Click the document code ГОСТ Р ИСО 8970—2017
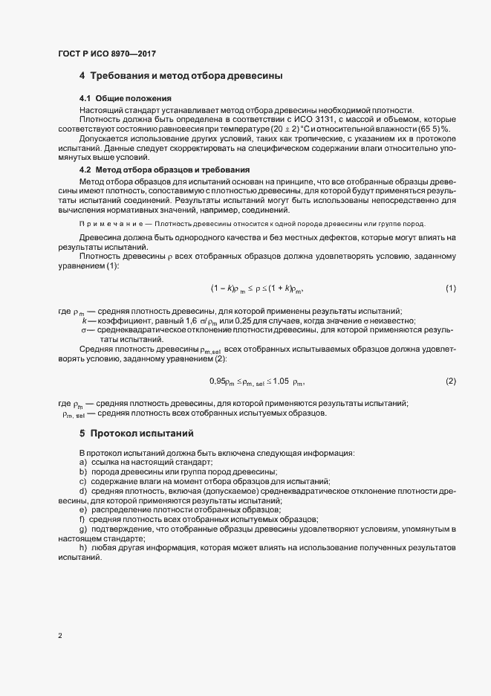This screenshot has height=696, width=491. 106,54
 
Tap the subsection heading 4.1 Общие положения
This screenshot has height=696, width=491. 126,99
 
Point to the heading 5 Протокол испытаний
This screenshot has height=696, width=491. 136,433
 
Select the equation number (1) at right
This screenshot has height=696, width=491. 450,288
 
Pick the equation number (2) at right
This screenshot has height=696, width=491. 450,381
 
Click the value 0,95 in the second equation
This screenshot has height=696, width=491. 218,381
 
